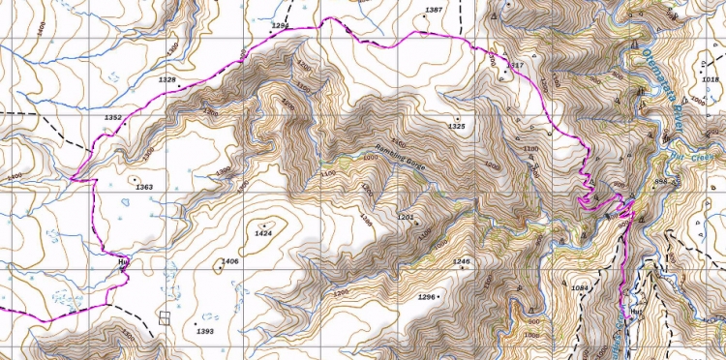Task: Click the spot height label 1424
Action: click(262, 233)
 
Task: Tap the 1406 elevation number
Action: click(229, 262)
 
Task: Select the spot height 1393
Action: click(204, 331)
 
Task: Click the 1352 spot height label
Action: click(112, 117)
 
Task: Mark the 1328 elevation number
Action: click(167, 79)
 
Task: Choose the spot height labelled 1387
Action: click(434, 10)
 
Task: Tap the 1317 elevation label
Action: click(515, 65)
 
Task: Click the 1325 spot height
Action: click(457, 127)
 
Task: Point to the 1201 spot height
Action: click(406, 217)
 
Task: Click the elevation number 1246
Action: click(461, 262)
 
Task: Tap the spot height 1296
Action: click(427, 296)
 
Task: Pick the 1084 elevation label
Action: click(580, 288)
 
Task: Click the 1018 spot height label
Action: click(711, 79)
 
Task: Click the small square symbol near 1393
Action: click(165, 316)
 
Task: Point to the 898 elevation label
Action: click(662, 181)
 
